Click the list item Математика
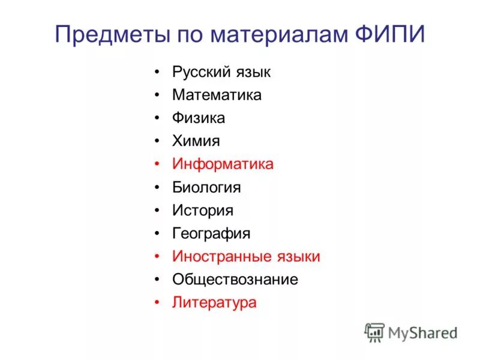[217, 95]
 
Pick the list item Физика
[199, 118]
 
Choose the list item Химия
[196, 141]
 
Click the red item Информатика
[223, 164]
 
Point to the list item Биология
[206, 187]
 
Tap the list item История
[203, 211]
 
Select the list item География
[211, 233]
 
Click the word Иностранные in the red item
[218, 257]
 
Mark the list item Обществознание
[235, 280]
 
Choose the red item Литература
[214, 303]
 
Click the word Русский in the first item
[199, 72]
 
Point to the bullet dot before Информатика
[157, 164]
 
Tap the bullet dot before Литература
[157, 303]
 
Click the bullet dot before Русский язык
[157, 72]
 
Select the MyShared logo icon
[375, 332]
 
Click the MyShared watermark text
[422, 332]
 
